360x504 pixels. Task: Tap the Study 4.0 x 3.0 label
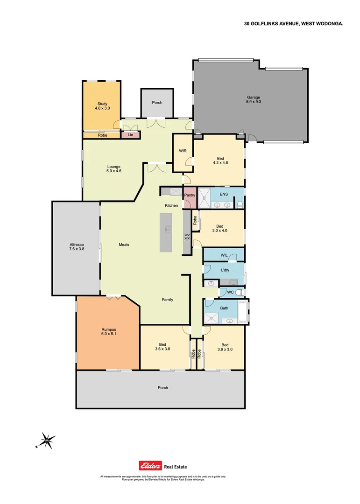point(102,106)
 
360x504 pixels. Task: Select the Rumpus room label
point(108,331)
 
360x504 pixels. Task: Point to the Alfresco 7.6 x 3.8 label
point(76,246)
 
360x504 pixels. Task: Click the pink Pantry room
point(190,199)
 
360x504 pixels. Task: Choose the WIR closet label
point(183,151)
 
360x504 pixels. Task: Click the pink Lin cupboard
point(130,135)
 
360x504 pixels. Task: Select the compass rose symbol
point(47,440)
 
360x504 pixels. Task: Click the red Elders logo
point(150,465)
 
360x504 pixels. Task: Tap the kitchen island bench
point(166,233)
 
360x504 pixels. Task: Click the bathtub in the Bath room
point(243,311)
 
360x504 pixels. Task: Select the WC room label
point(230,293)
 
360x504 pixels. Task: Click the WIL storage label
point(224,255)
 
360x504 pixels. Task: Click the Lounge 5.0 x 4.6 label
point(113,168)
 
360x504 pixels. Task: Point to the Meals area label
point(124,245)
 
